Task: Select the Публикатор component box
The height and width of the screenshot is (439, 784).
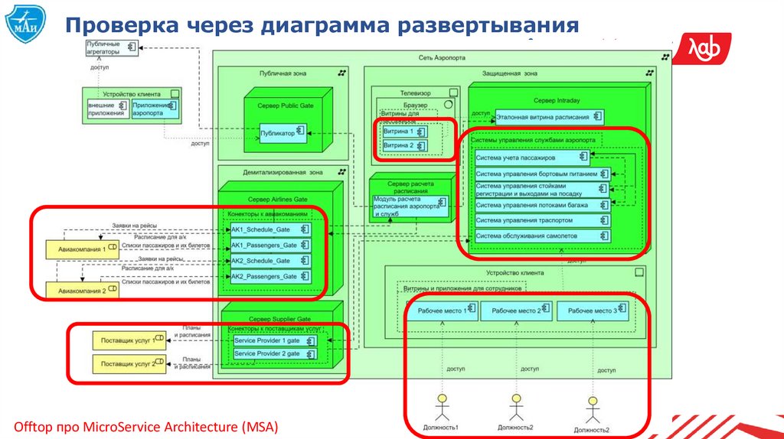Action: (283, 132)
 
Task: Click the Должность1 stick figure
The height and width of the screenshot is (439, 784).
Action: (441, 407)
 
